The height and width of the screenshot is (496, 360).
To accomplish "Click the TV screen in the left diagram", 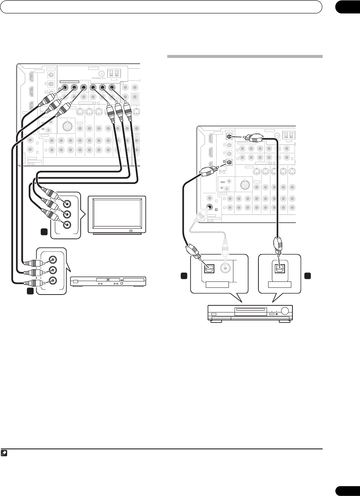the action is click(117, 213).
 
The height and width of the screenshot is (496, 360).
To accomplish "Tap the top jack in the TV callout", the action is click(67, 204).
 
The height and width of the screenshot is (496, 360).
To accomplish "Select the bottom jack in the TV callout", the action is click(67, 225).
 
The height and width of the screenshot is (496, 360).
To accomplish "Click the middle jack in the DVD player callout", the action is click(54, 270).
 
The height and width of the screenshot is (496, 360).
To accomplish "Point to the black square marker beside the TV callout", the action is click(44, 232).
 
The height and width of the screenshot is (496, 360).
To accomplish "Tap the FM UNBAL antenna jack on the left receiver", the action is click(101, 74).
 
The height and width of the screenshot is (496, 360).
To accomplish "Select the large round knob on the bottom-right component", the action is click(285, 310).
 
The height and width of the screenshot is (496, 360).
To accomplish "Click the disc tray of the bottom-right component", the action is click(250, 310).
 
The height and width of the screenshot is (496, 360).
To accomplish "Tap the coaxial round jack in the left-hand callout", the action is click(225, 267).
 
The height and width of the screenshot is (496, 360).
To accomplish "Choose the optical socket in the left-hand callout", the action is click(208, 268).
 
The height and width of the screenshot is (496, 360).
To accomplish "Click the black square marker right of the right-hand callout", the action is click(307, 276).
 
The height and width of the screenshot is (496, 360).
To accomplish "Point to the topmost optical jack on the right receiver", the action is click(229, 136).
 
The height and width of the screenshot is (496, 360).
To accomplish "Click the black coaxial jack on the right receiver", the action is click(210, 207).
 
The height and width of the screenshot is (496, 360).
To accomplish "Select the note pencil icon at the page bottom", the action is click(4, 453).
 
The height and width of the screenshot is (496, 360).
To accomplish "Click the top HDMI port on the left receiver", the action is click(31, 77).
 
